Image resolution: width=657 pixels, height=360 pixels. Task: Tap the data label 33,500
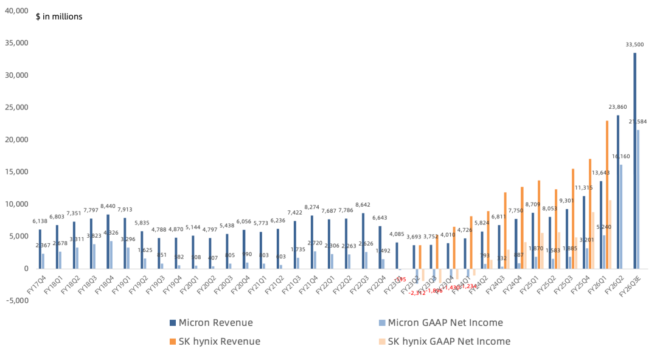(634, 44)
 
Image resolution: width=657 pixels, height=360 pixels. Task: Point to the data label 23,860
(618, 106)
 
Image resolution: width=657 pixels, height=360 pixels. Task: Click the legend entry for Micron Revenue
(210, 323)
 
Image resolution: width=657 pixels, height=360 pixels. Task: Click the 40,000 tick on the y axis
(16, 11)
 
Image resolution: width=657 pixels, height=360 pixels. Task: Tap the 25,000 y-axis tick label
(16, 108)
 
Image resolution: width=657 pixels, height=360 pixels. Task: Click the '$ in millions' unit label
(59, 16)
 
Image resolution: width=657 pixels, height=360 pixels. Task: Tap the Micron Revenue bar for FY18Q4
(108, 241)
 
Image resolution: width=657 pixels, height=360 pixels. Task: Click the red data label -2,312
(417, 293)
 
